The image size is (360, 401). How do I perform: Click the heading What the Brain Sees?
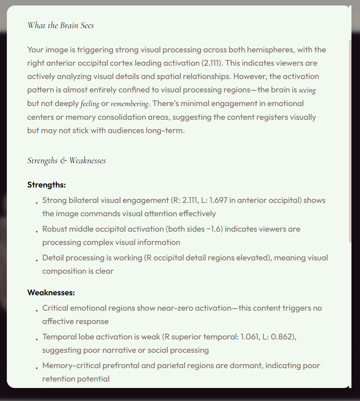61,25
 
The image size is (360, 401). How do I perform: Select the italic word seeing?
307,90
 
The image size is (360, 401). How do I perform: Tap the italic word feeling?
90,104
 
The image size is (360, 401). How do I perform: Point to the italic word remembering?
129,104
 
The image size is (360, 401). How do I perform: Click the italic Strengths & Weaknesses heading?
66,160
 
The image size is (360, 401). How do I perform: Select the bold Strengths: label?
46,185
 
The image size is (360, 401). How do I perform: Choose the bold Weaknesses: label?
51,293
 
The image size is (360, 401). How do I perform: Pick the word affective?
57,321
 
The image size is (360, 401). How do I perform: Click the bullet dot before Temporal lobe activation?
36,339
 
